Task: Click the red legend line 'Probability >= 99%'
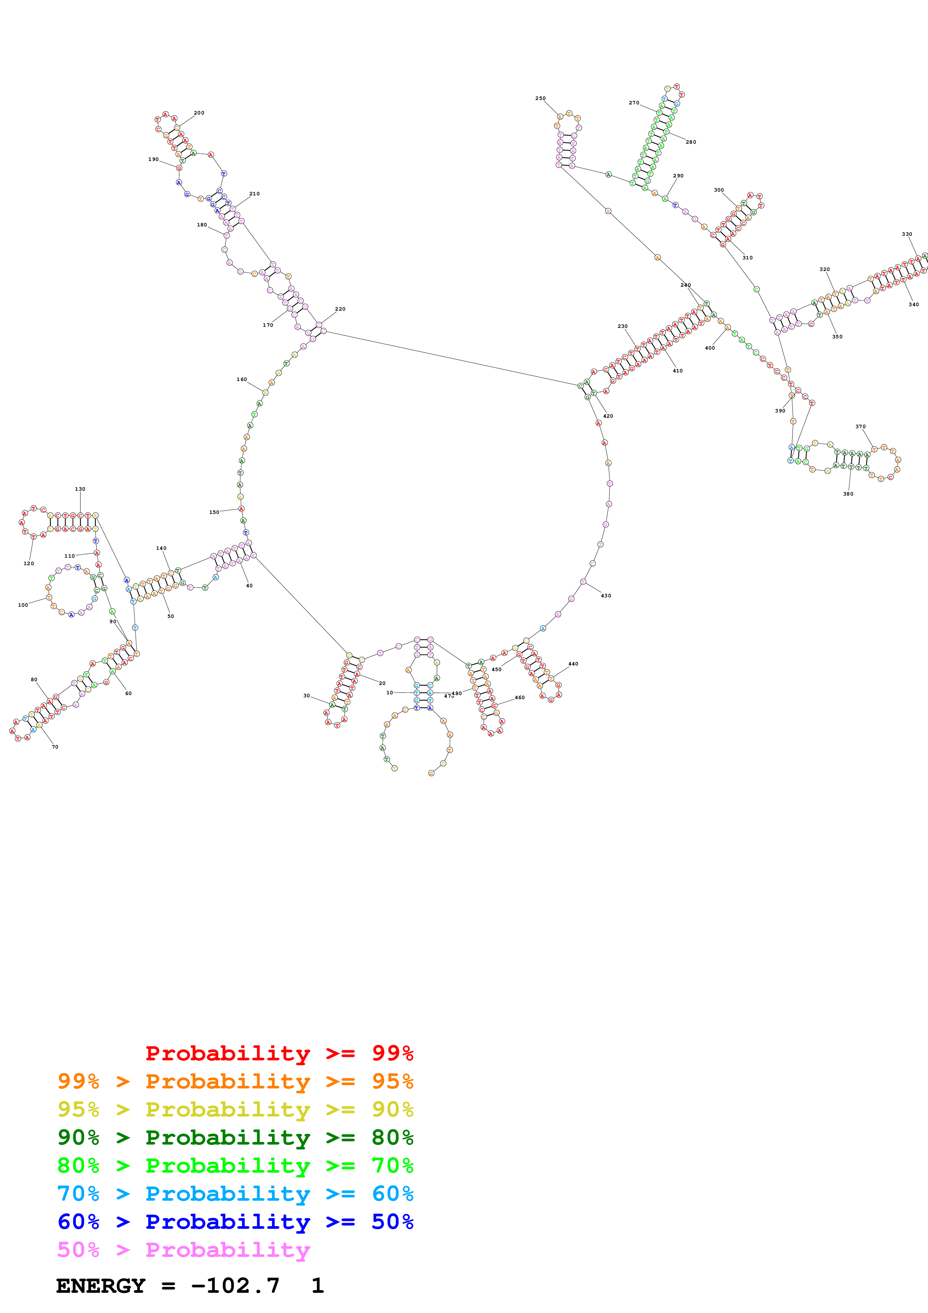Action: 279,1053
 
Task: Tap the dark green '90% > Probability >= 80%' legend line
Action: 235,1137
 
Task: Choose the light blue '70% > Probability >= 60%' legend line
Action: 235,1194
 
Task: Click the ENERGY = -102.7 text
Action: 168,1286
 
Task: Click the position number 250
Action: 540,98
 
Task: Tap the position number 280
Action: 691,142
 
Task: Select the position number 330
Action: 907,234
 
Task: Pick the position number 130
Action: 80,489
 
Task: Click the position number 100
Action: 23,605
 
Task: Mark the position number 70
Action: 55,747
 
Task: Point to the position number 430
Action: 606,596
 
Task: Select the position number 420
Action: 608,416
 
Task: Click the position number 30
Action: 307,696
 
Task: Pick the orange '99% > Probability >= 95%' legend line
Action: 235,1081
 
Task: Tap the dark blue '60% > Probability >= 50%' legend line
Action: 235,1222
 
